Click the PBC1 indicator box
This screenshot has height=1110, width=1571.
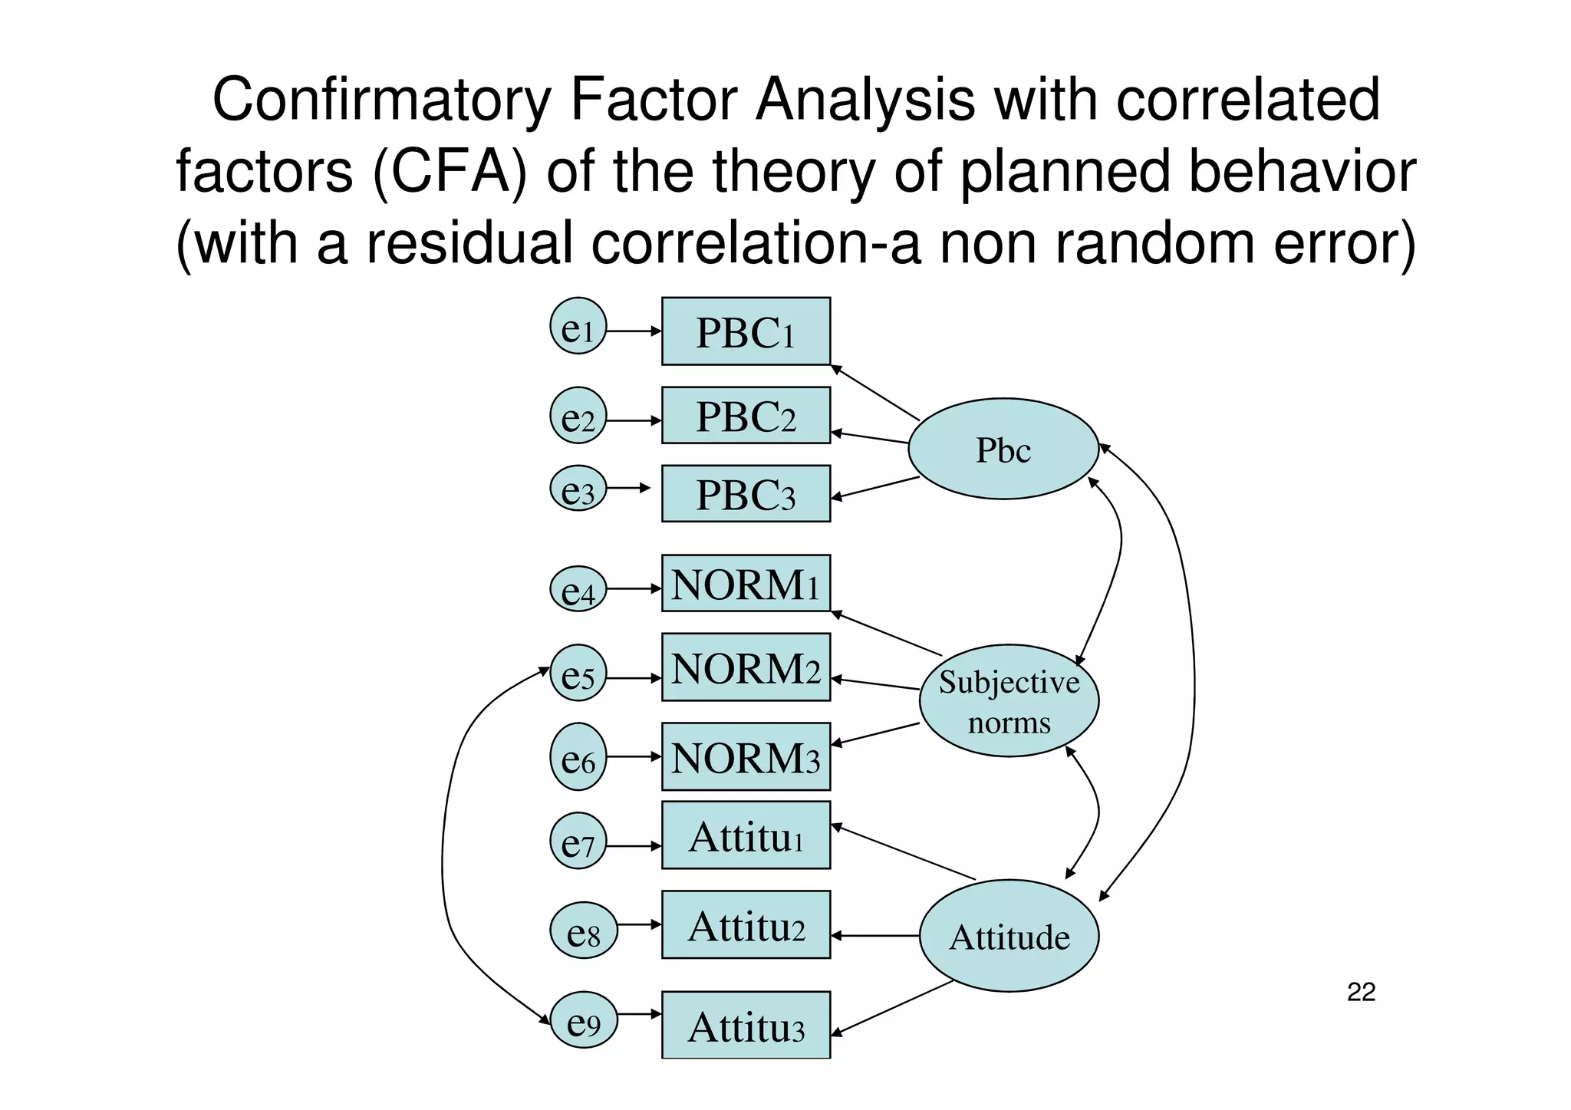pos(746,331)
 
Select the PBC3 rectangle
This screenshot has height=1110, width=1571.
pos(746,493)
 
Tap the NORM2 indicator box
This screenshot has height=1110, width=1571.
pos(746,667)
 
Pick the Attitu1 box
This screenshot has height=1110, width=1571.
pos(746,835)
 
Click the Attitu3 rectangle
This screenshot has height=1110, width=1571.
pos(746,1025)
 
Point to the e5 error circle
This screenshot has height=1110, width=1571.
pos(578,673)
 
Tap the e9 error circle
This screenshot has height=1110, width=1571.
pos(584,1019)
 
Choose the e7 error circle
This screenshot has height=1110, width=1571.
pos(578,841)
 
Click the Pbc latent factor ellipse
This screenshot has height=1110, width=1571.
pos(1003,449)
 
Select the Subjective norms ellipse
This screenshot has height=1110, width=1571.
pos(1009,700)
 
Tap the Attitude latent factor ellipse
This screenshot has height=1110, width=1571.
pos(1009,936)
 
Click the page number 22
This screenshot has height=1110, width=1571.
pos(1361,992)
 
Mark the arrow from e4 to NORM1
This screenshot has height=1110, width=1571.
pos(634,588)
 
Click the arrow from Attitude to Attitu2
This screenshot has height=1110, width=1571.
pos(874,936)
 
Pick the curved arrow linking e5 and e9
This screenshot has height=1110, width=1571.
pos(444,844)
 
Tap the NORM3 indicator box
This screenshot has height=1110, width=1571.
pos(746,756)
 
